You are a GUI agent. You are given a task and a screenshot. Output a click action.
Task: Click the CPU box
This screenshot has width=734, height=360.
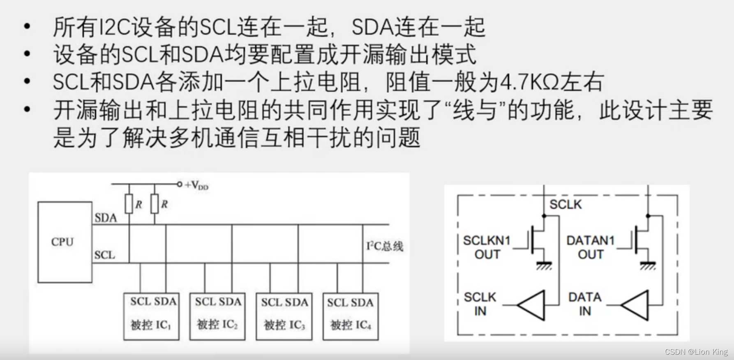(x=65, y=242)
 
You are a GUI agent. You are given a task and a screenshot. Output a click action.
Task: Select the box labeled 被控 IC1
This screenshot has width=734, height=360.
(x=151, y=316)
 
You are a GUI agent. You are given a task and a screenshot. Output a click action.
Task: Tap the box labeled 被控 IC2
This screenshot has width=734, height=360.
(x=217, y=316)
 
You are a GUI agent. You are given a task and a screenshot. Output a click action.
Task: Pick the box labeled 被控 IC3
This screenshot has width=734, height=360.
(x=284, y=316)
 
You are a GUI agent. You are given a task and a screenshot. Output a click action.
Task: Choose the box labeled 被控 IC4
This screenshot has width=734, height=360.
(x=351, y=316)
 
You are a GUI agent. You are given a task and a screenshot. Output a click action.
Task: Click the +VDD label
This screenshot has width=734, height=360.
(x=196, y=185)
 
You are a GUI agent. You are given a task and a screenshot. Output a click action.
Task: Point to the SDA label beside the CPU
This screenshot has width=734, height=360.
(x=106, y=217)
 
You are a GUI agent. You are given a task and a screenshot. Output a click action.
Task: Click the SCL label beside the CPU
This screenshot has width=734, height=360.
(x=104, y=255)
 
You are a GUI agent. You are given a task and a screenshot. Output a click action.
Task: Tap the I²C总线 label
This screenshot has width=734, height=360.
(x=385, y=246)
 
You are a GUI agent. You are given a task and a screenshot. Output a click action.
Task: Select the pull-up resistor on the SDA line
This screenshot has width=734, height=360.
(x=155, y=204)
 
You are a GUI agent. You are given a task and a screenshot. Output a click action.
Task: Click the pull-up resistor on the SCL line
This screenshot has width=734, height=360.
(x=129, y=204)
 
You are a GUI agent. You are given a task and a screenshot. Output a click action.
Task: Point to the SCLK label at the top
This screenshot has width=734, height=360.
(x=566, y=204)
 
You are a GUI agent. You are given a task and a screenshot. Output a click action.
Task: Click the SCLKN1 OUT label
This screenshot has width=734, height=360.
(x=487, y=247)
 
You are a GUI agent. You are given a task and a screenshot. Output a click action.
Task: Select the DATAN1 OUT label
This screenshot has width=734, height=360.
(x=590, y=247)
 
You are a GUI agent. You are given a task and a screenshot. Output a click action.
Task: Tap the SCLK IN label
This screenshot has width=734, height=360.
(x=480, y=304)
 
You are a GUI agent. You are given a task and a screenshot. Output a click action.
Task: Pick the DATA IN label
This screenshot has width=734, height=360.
(x=584, y=304)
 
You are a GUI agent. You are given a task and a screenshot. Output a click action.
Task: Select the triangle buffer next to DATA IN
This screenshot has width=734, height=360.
(x=637, y=305)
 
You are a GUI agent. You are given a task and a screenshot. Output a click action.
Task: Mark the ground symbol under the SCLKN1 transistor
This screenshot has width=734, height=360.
(x=544, y=265)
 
